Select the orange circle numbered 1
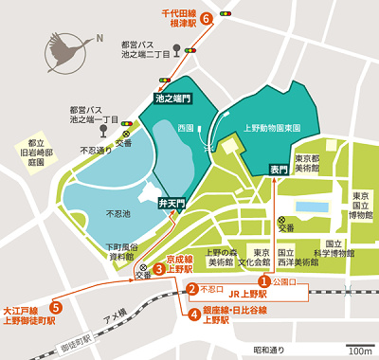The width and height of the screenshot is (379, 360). click(265, 280)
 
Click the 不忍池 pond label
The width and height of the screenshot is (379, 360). click(119, 215)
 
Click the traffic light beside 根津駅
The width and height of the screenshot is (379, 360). click(226, 13)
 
